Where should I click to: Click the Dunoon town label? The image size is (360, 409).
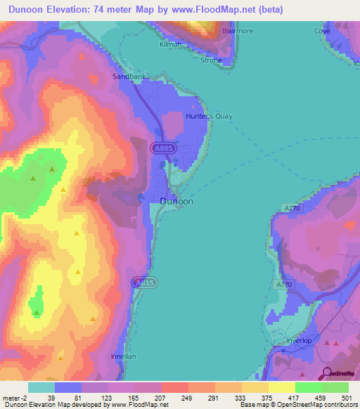[176, 201]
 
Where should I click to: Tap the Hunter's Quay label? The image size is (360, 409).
[209, 117]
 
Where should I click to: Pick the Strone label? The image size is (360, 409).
[211, 60]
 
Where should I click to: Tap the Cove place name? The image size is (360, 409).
[322, 32]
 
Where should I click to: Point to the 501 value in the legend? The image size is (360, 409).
[345, 398]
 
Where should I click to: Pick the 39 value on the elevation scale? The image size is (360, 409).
[51, 398]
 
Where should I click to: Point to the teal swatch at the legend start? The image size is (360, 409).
[41, 387]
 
